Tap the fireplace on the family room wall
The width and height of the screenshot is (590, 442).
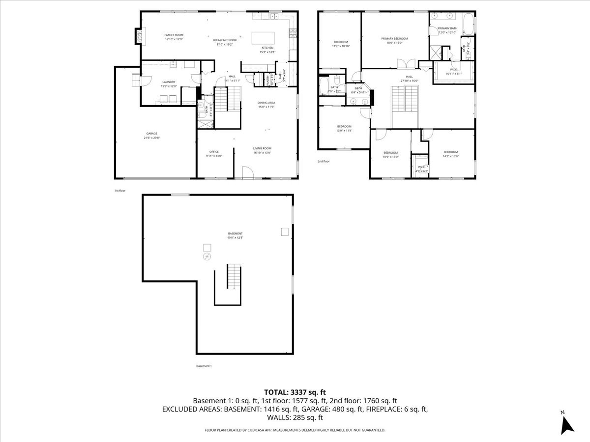[x=139, y=35]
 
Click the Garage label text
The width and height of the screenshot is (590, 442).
[x=151, y=136]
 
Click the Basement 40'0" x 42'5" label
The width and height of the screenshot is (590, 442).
[x=235, y=235]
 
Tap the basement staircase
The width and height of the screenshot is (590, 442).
[x=234, y=277]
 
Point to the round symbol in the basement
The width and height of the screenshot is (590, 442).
[x=206, y=257]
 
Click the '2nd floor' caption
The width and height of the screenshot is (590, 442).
[x=324, y=161]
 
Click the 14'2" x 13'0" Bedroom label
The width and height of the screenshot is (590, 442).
[x=450, y=154]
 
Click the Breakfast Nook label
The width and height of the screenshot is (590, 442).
[x=225, y=42]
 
